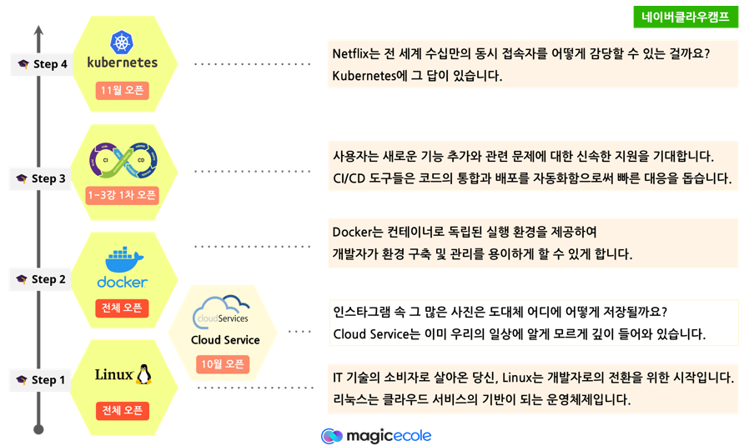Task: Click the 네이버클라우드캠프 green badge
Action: pos(686,17)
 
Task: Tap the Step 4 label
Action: pos(41,64)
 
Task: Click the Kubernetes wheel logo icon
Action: pos(122,41)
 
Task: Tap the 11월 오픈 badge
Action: pos(122,90)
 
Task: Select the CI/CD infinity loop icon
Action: pos(123,159)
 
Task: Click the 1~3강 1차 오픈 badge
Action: pos(123,195)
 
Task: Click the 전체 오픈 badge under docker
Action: pos(122,308)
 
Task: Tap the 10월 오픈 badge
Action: pos(222,364)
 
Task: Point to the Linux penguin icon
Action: pos(144,374)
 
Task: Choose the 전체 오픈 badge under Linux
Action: pos(122,411)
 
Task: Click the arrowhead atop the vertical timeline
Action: pos(38,31)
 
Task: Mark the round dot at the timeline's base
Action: pos(38,429)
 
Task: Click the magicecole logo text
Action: pos(388,436)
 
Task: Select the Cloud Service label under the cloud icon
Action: pos(225,340)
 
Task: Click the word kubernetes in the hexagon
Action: pos(122,63)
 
